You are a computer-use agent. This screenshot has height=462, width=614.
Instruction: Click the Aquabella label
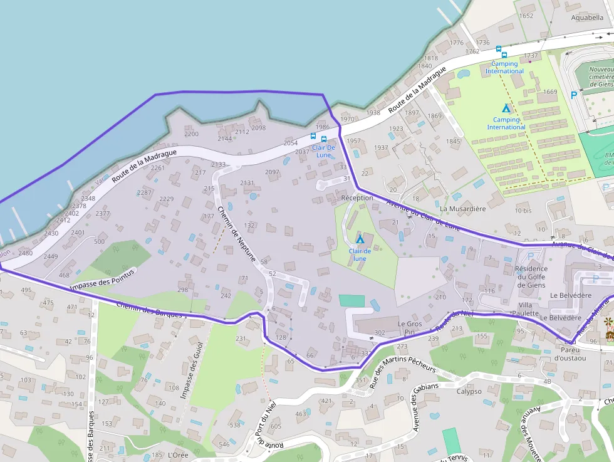[x=587, y=18]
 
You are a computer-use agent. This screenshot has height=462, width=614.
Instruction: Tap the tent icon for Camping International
[x=506, y=108]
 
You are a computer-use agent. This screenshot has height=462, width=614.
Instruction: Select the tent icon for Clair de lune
[x=360, y=239]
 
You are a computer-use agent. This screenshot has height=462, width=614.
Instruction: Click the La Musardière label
[x=463, y=209]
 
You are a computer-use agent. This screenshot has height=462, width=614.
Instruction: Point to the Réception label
[x=357, y=197]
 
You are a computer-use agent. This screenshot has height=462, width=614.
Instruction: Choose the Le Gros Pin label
[x=410, y=328]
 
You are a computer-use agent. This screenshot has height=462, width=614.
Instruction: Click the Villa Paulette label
[x=525, y=309]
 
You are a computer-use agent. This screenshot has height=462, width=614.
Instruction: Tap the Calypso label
[x=469, y=391]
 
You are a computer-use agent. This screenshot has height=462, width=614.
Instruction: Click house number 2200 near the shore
[x=191, y=134]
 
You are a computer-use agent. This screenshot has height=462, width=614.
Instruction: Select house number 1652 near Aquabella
[x=526, y=16]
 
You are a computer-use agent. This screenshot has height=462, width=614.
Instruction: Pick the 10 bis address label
[x=523, y=210]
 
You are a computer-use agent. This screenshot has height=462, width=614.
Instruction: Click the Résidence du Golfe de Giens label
[x=531, y=277]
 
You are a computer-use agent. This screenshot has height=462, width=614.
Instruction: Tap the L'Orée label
[x=178, y=454]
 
